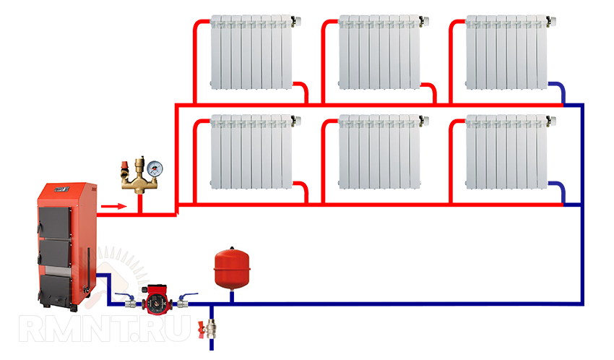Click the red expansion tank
pyautogui.click(x=229, y=266)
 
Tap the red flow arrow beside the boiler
pyautogui.click(x=109, y=209)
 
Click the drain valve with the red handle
pyautogui.click(x=211, y=330)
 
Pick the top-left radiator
pyautogui.click(x=252, y=51)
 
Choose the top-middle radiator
pyautogui.click(x=379, y=51)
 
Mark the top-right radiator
pyautogui.click(x=506, y=51)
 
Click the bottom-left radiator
pyautogui.click(x=252, y=151)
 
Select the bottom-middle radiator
pyautogui.click(x=379, y=151)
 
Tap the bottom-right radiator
pyautogui.click(x=506, y=151)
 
